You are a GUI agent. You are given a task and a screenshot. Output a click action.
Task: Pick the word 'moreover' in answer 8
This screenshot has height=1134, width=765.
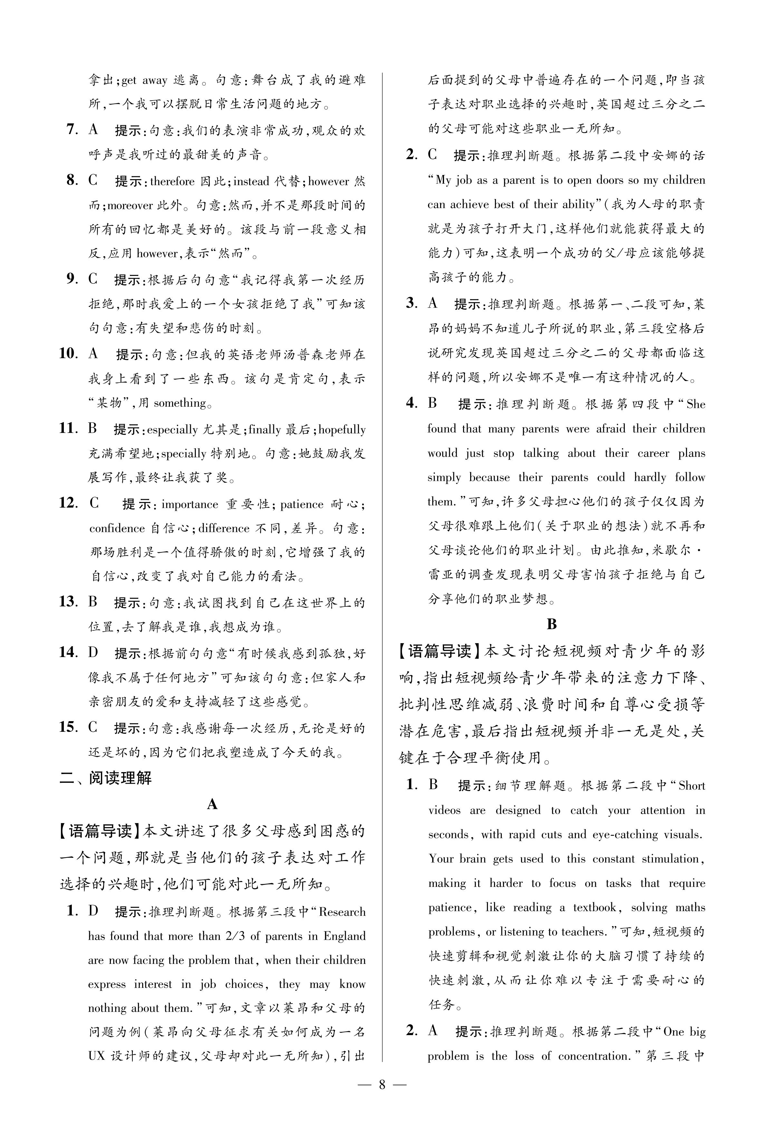(130, 205)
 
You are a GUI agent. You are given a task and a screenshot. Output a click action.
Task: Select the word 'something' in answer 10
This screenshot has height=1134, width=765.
(179, 403)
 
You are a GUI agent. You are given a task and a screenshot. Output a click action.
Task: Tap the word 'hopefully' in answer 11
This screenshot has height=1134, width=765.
(342, 430)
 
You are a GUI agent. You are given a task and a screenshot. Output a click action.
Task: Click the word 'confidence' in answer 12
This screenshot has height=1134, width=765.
(117, 528)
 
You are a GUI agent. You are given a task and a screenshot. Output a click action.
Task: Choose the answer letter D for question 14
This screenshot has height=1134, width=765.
(93, 653)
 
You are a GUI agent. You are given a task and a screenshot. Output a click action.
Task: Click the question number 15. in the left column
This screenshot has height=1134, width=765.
(68, 727)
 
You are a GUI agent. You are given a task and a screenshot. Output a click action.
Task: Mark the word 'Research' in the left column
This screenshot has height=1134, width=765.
(342, 912)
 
